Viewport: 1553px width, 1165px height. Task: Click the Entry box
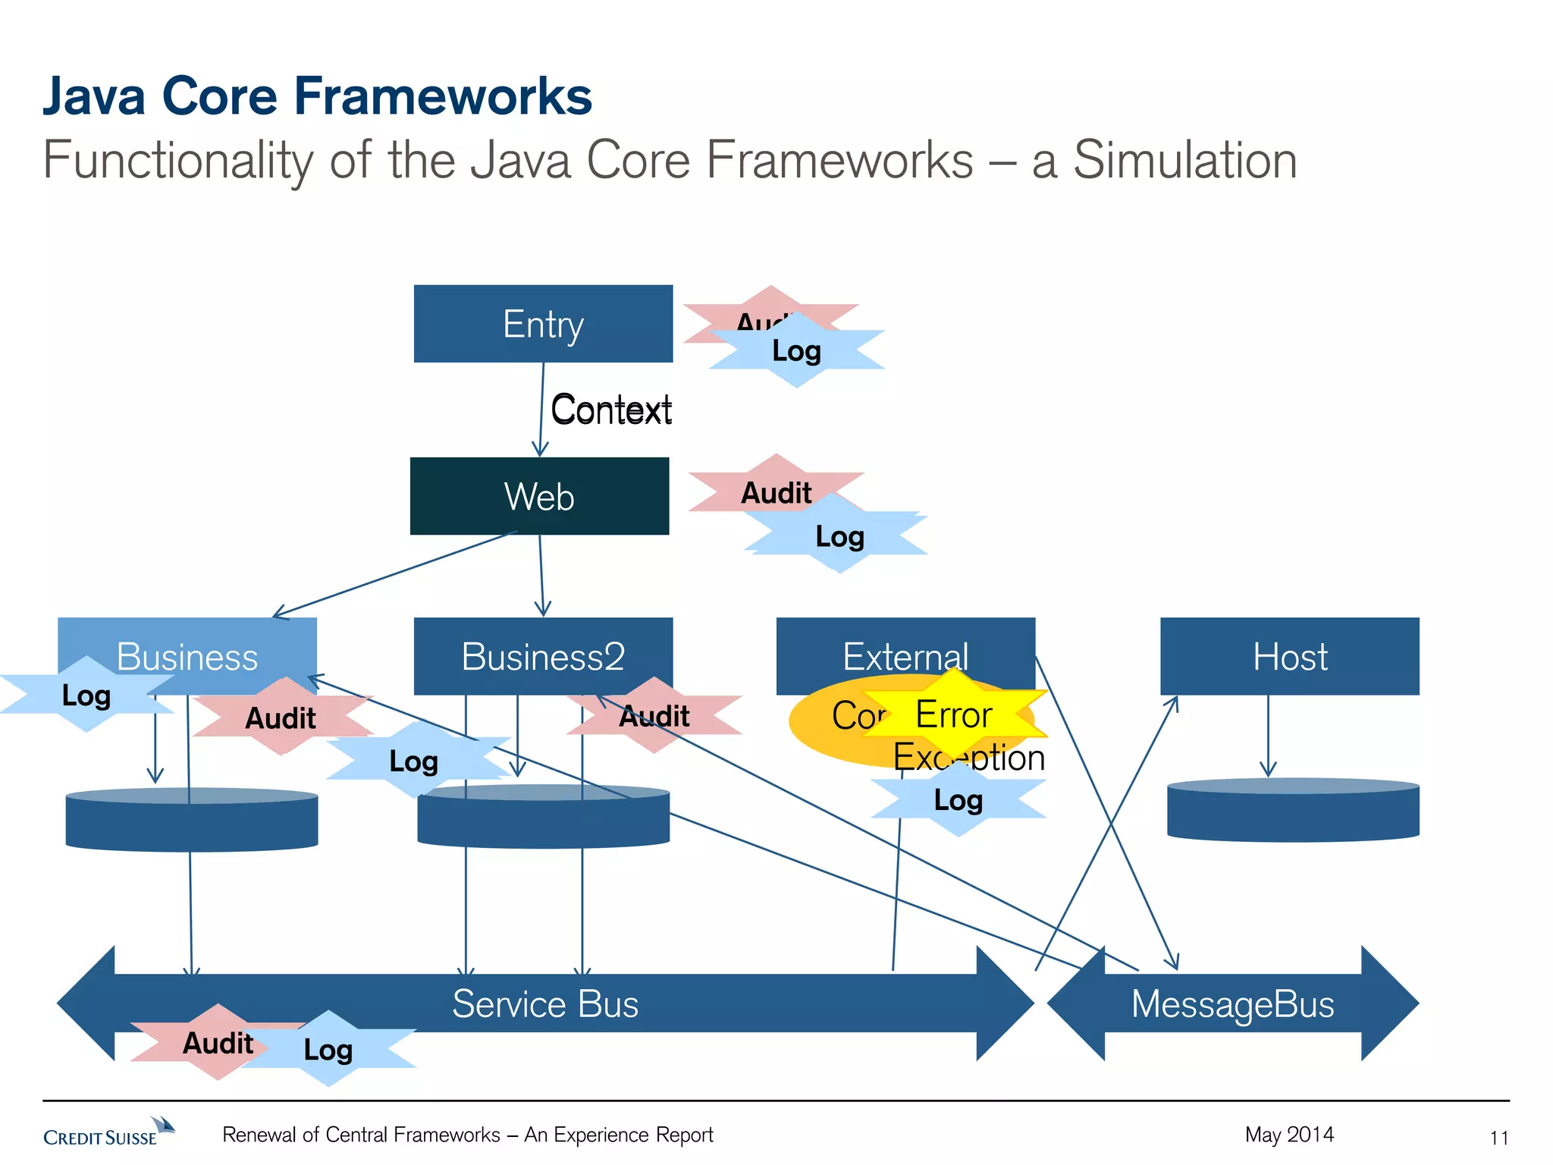click(543, 324)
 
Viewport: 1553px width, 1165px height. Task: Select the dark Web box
click(539, 496)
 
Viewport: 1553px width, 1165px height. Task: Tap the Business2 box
click(543, 655)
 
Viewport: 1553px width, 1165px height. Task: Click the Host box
click(1289, 655)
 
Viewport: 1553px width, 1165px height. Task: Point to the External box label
click(905, 655)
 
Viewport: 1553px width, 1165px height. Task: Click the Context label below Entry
click(611, 410)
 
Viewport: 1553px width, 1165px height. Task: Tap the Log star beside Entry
click(797, 350)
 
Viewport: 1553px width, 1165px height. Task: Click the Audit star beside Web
click(776, 492)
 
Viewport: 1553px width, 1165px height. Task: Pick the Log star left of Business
click(86, 695)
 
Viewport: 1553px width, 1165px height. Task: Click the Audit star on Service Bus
click(218, 1043)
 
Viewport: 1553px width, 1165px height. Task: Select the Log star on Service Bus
click(328, 1050)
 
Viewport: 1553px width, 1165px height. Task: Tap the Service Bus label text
click(544, 1003)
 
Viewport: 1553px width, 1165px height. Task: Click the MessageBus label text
click(1232, 1003)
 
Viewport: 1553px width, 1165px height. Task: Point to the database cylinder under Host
click(1293, 810)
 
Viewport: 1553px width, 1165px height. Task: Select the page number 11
click(1498, 1138)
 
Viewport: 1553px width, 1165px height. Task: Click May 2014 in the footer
click(1289, 1134)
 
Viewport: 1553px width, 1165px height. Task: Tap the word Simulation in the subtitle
click(1184, 161)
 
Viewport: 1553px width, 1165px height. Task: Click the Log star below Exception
click(958, 800)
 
